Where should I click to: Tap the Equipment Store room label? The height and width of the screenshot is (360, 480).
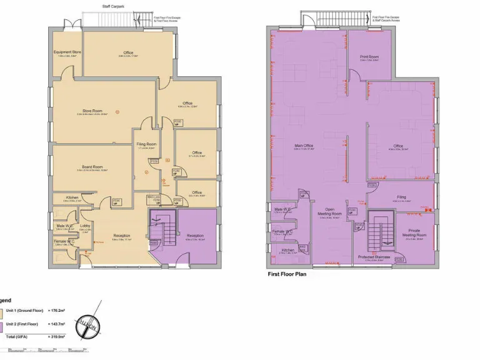point(67,52)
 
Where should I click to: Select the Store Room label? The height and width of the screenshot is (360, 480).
point(92,111)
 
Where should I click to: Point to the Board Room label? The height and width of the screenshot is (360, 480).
point(92,167)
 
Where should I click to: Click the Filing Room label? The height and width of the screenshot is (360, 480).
point(147,144)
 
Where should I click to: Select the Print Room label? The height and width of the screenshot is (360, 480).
point(369,57)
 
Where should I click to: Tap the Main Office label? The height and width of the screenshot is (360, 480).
point(303,146)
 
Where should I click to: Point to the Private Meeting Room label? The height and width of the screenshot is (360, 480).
point(414,233)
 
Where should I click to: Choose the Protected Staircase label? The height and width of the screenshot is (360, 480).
point(374,257)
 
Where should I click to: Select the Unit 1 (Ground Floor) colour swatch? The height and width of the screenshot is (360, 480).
point(1,310)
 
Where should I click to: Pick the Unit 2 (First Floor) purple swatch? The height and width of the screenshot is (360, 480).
point(1,324)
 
